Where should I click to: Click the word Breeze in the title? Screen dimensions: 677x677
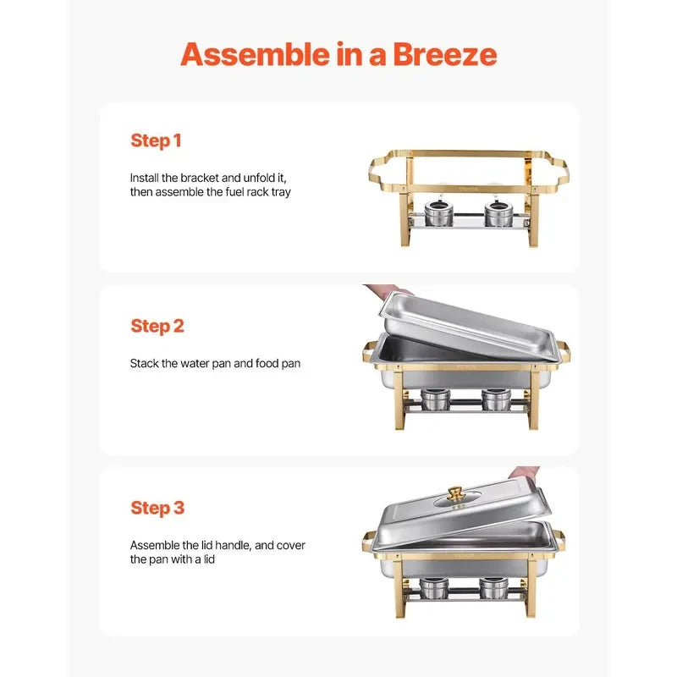click(x=445, y=54)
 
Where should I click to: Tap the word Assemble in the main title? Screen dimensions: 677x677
click(x=256, y=54)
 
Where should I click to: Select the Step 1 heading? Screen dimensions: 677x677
click(x=156, y=141)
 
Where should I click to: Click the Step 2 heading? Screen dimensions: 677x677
click(x=157, y=327)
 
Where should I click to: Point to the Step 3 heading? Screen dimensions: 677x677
click(x=157, y=509)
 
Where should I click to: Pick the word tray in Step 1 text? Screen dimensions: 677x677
click(x=281, y=192)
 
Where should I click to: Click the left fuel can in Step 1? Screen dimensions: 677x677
click(x=438, y=212)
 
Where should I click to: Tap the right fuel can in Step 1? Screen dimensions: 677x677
click(x=498, y=212)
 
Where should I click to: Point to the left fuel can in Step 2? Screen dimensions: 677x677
click(x=435, y=399)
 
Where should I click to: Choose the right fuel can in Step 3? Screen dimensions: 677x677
click(x=493, y=587)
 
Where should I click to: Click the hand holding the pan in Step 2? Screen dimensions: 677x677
click(x=388, y=291)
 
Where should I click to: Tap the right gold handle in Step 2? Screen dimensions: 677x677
click(x=564, y=352)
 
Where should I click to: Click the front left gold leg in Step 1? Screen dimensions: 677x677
click(x=406, y=218)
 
